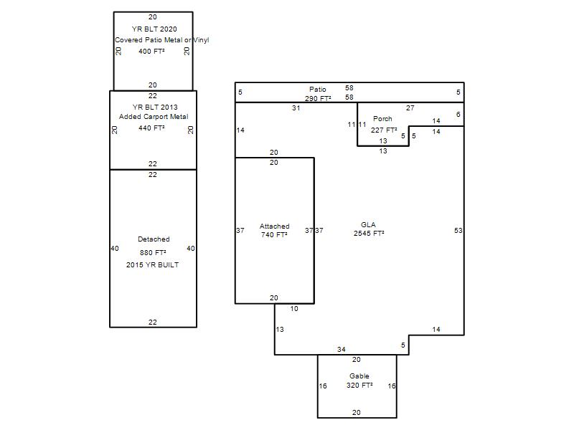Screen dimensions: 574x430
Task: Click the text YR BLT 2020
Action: (x=154, y=29)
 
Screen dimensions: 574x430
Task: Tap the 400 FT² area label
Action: (x=151, y=51)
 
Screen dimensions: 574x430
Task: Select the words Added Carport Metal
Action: (x=154, y=117)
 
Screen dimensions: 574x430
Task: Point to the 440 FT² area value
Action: (x=151, y=128)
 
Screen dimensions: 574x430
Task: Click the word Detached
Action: (x=154, y=239)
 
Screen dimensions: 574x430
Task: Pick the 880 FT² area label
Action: (x=153, y=253)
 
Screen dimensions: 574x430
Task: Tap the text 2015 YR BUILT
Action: (x=153, y=264)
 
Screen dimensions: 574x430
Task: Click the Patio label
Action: (x=317, y=89)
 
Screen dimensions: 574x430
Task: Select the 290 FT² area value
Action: (x=318, y=98)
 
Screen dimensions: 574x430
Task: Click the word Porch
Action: (x=382, y=119)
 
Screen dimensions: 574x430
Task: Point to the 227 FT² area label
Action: (x=384, y=130)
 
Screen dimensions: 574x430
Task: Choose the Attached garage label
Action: (x=275, y=226)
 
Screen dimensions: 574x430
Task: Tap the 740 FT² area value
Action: (x=274, y=235)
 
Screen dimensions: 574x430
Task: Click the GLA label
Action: (x=368, y=225)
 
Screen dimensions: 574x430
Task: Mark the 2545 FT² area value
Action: (x=369, y=234)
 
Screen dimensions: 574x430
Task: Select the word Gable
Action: (x=359, y=376)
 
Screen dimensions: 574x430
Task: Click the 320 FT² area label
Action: (x=360, y=385)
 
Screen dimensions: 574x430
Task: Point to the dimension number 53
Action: (x=458, y=230)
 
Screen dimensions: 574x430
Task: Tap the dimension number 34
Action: (x=342, y=350)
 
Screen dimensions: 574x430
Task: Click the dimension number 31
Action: (x=296, y=108)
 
